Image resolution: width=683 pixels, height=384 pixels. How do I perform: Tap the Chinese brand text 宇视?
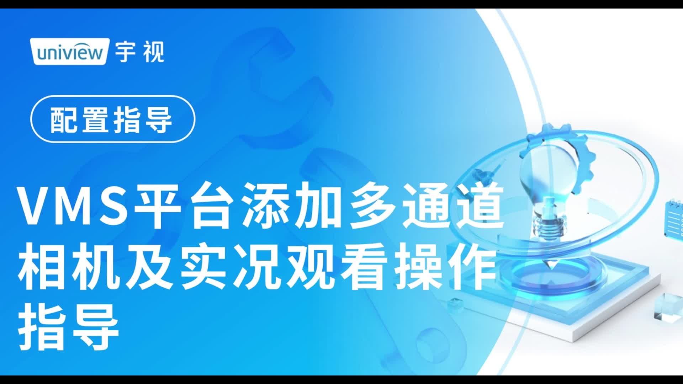click(x=139, y=52)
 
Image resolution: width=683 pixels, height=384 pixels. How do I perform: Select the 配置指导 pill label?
click(x=113, y=119)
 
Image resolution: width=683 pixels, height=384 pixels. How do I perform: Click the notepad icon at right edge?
click(x=673, y=219)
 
